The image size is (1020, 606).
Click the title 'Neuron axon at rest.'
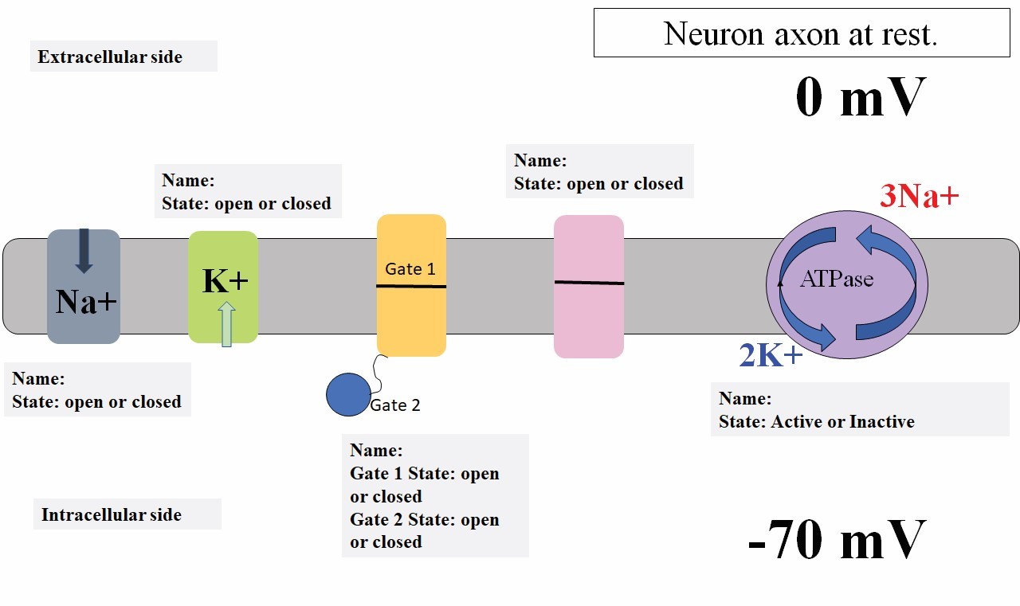801,33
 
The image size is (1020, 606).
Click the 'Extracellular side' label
110,57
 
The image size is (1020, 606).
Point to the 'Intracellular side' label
112,515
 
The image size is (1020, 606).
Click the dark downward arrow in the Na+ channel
84,250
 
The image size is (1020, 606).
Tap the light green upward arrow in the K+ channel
226,324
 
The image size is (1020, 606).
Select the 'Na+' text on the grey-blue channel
86,302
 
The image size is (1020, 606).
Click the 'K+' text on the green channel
224,280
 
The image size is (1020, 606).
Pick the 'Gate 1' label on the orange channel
410,269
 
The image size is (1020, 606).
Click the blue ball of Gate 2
348,394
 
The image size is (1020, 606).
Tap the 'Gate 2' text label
395,405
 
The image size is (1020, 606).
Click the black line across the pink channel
589,283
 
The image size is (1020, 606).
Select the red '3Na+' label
919,196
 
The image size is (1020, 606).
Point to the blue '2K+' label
771,356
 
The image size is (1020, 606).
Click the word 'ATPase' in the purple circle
836,280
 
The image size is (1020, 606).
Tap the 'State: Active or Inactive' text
816,422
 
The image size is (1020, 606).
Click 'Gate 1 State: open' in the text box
424,474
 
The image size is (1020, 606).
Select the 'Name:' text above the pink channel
540,161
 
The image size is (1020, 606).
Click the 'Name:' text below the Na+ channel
38,379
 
